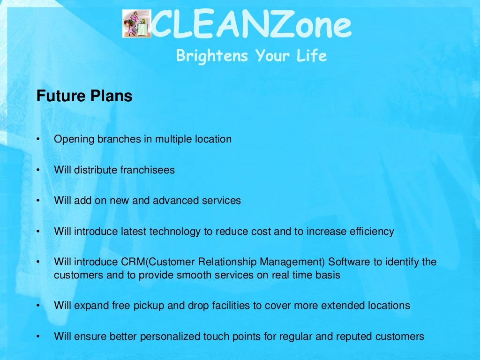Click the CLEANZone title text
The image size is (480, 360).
pos(251,26)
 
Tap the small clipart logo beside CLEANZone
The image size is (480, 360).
pos(136,24)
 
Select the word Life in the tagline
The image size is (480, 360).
pos(311,56)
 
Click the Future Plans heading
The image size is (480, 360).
pos(84,96)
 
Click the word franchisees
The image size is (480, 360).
pos(147,170)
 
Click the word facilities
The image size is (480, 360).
pos(213,306)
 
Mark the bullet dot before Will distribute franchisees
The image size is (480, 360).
pos(38,170)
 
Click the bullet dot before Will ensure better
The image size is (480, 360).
pos(38,337)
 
